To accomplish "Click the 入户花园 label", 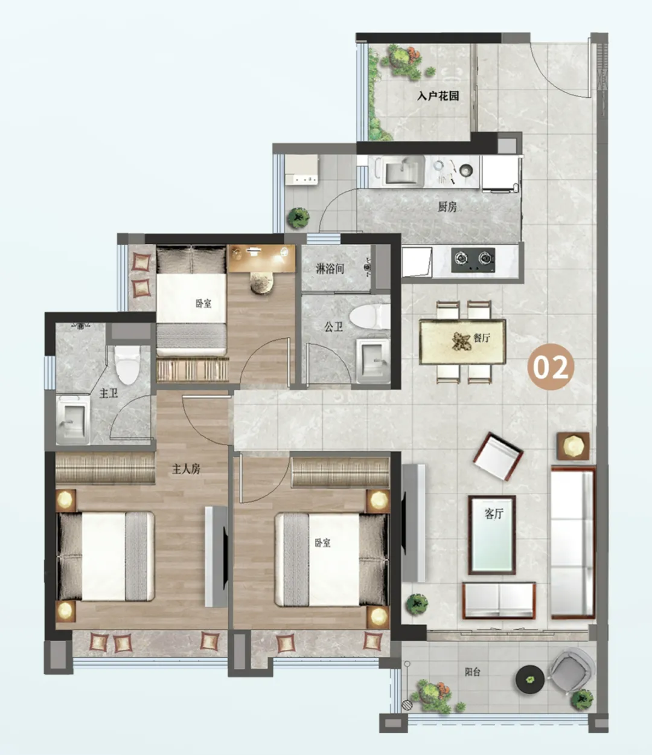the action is pos(438,96).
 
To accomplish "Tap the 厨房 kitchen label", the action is pos(447,207).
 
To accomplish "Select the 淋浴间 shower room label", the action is pos(330,269).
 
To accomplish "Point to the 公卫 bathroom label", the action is pos(334,326).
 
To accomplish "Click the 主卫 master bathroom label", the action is pos(109,393).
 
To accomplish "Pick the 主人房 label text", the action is pos(186,469).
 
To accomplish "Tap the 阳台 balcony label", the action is pos(472,672).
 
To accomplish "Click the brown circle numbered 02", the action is pos(551,367).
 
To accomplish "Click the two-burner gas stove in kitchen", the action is pos(473,260).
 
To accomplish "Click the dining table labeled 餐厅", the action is pos(462,341).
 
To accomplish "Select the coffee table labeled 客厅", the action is pos(492,535).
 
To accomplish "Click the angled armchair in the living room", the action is pos(498,456).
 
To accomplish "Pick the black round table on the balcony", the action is pos(530,679).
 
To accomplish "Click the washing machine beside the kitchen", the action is pos(301,169).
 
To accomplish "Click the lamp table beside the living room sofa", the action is pos(573,446).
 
